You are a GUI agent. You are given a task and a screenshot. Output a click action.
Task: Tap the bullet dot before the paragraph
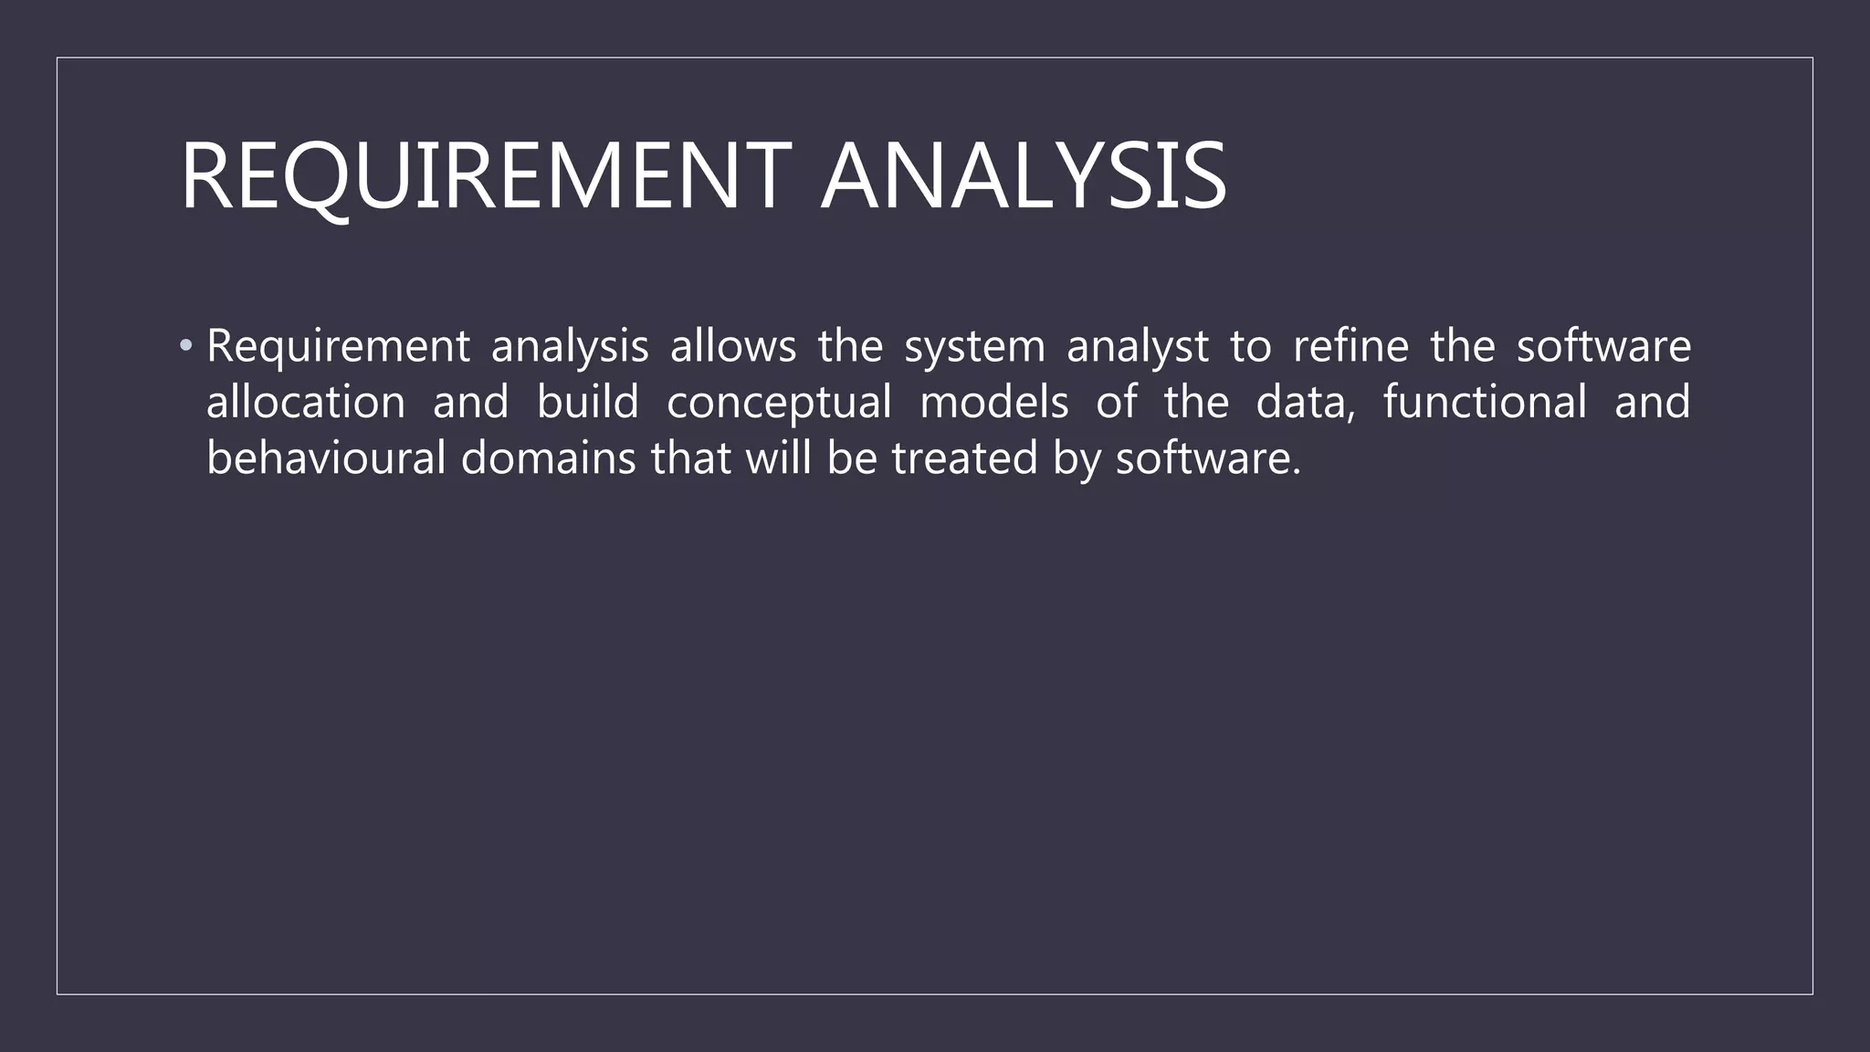pos(186,346)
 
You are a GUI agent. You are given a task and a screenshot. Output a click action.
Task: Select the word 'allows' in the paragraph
pos(733,346)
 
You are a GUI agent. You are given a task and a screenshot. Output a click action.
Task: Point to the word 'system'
pos(974,348)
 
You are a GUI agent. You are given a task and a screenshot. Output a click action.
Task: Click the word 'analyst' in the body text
pos(1138,348)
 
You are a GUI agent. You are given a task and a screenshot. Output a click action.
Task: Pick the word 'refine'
pos(1351,346)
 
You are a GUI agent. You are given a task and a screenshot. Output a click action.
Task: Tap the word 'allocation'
pos(306,402)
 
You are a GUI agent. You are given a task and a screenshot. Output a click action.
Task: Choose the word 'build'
pos(588,402)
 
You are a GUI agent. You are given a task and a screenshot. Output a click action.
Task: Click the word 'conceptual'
pos(779,404)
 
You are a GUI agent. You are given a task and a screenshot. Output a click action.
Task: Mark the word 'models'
pos(994,402)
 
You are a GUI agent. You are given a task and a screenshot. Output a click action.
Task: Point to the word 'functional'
pos(1485,402)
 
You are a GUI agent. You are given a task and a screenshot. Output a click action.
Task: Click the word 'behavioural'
pos(326,458)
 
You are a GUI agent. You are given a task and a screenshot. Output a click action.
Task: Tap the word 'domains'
pos(548,458)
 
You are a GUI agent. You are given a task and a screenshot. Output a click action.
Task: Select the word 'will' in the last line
pos(779,458)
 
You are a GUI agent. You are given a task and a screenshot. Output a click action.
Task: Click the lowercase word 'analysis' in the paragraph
pos(570,348)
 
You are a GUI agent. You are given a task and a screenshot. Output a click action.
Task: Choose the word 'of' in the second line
pos(1117,402)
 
